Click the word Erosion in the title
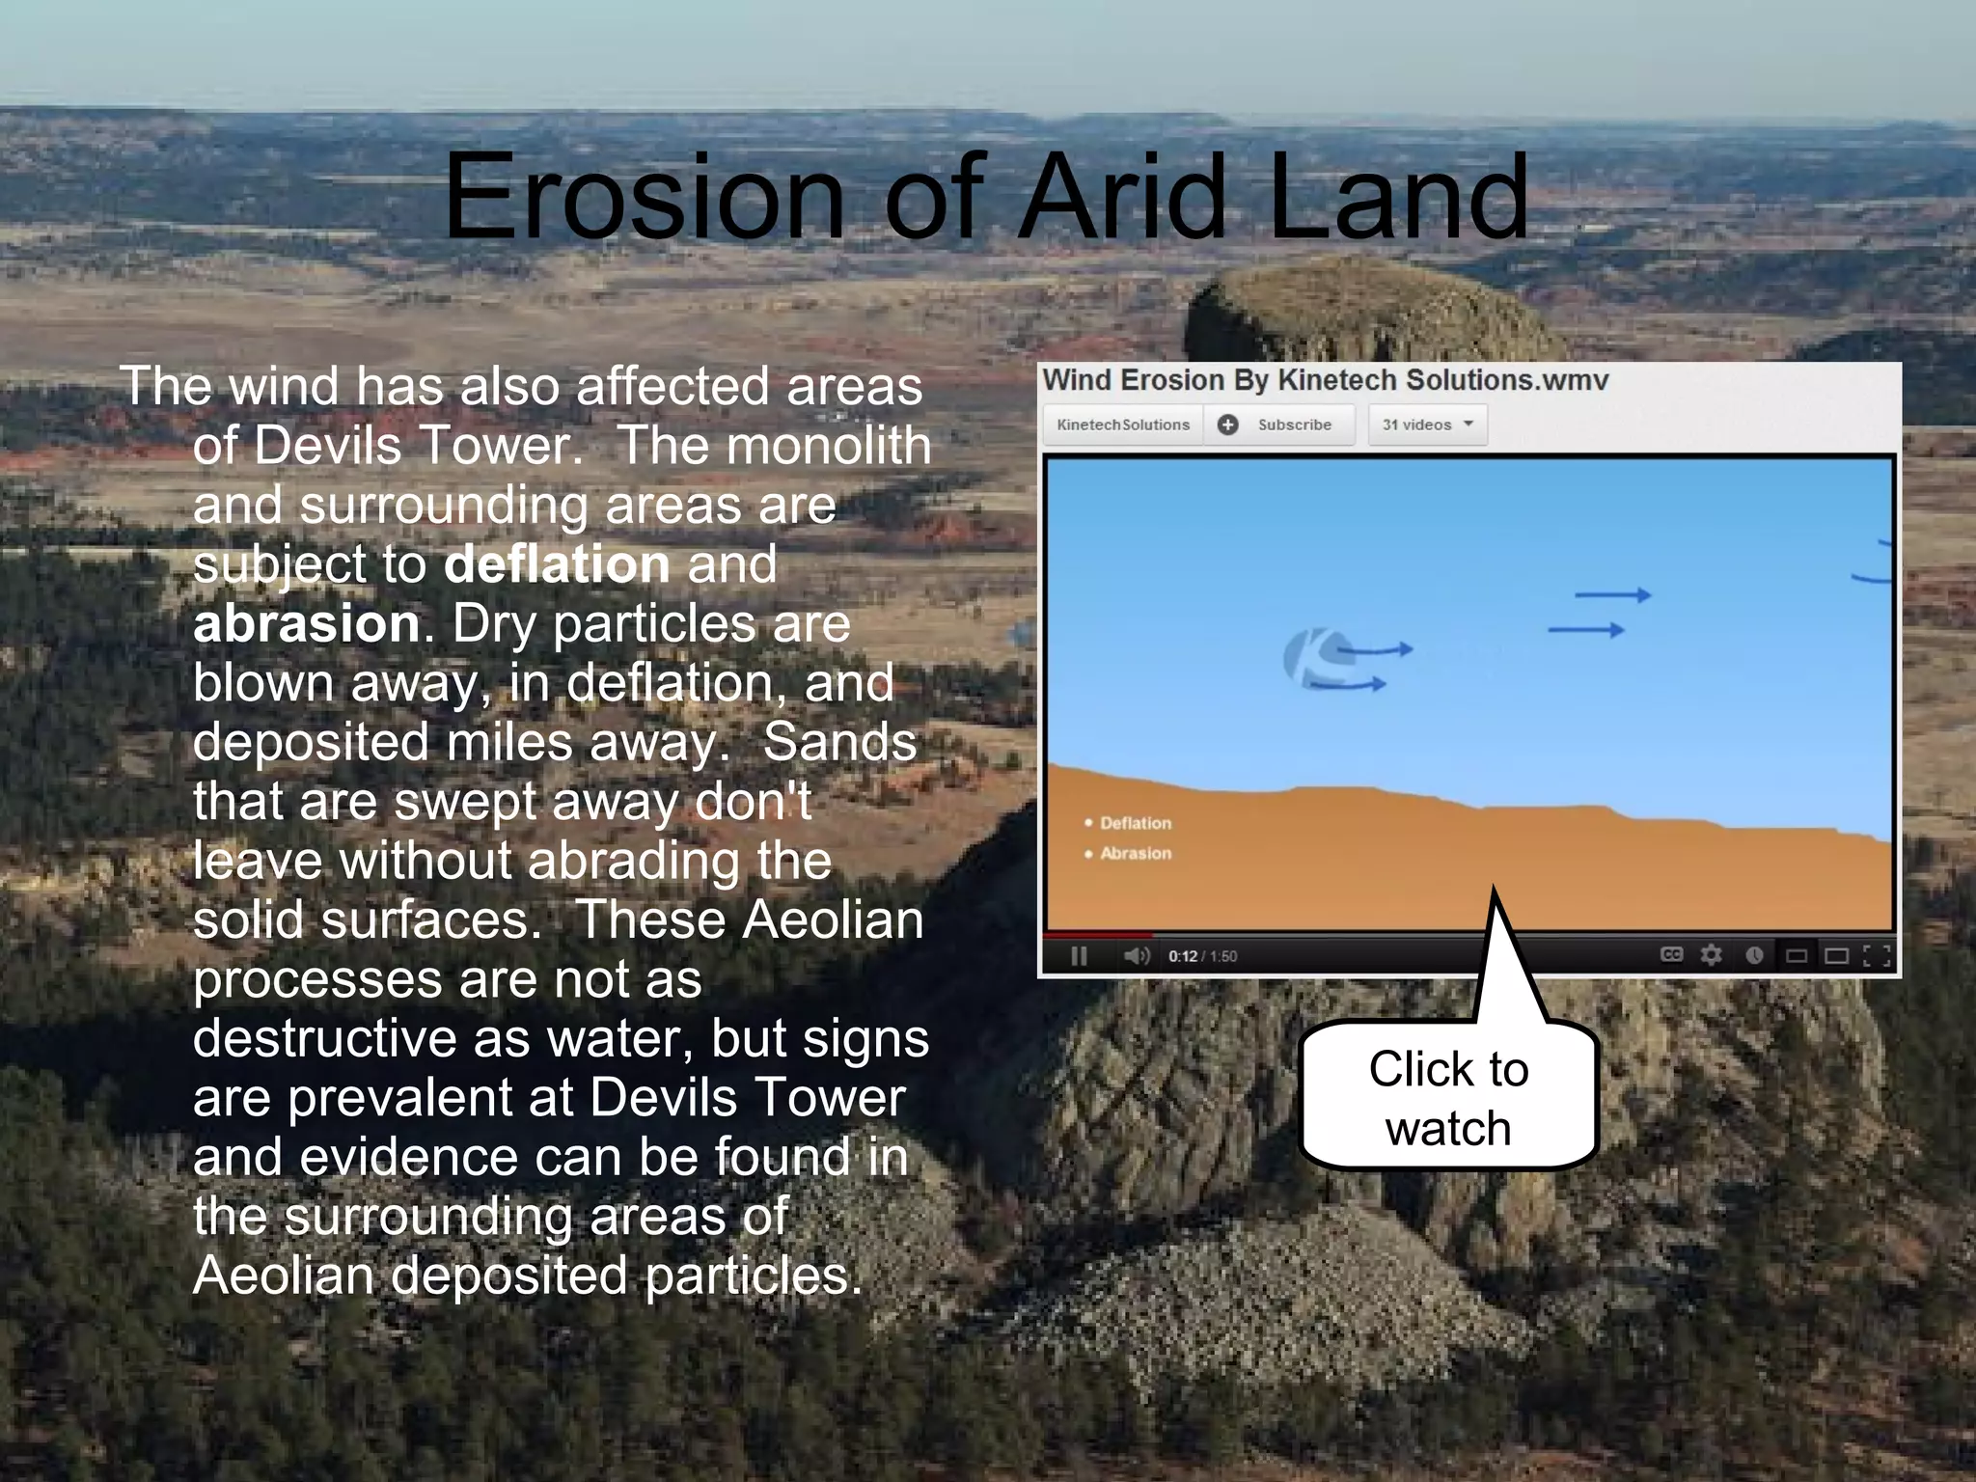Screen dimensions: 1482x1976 (x=644, y=198)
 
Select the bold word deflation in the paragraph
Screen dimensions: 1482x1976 (x=557, y=564)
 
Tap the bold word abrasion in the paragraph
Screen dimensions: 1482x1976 (x=306, y=624)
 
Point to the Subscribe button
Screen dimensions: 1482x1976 (x=1279, y=425)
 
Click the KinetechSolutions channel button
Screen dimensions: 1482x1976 (x=1123, y=425)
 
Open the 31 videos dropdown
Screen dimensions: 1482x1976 (x=1427, y=425)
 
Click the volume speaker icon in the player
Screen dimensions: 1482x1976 (x=1136, y=955)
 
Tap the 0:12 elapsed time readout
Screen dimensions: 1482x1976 (x=1182, y=956)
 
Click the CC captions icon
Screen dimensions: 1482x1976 (x=1671, y=954)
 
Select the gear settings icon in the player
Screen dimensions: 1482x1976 (x=1711, y=954)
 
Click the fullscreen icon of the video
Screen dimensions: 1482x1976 (x=1877, y=955)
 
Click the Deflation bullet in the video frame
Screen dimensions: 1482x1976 (x=1135, y=823)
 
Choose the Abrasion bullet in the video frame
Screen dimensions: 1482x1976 (x=1135, y=853)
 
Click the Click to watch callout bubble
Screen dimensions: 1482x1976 (x=1448, y=1098)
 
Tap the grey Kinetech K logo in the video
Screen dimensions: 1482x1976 (x=1310, y=659)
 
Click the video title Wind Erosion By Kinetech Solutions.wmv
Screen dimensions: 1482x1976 (x=1325, y=380)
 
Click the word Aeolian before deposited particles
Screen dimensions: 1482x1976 (x=283, y=1276)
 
